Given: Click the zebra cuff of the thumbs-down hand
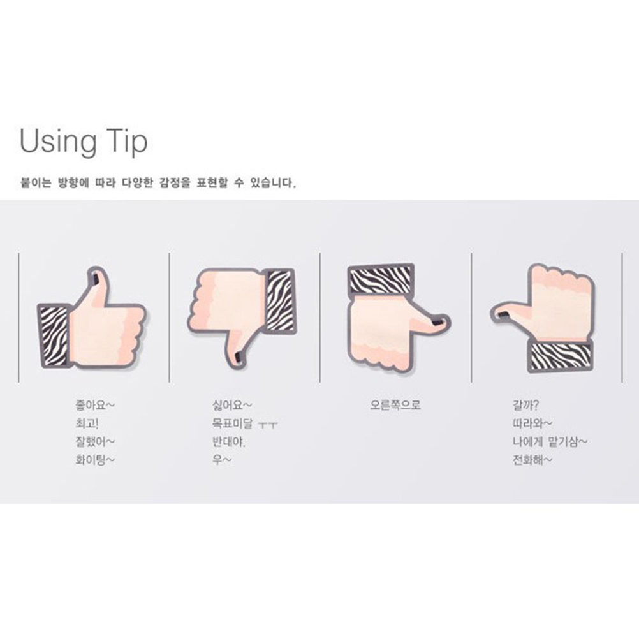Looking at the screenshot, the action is (x=281, y=301).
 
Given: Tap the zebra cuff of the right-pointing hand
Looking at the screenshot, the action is (x=381, y=279).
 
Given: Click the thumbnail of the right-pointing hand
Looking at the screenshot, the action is (x=437, y=323).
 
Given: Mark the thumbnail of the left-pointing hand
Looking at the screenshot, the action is (x=504, y=314).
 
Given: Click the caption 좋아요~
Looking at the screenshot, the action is (x=95, y=405).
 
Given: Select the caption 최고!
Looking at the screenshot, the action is (x=87, y=423).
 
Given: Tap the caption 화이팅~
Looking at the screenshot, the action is (x=95, y=460).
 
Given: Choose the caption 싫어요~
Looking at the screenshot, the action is (x=232, y=405).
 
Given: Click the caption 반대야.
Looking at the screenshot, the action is (x=228, y=442).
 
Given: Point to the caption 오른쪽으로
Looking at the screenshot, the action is (x=395, y=405).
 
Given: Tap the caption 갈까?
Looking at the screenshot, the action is (x=525, y=405).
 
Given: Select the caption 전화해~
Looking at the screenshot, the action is (x=532, y=460).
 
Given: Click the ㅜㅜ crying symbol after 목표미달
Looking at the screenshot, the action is (x=268, y=425).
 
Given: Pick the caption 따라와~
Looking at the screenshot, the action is (x=532, y=423).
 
